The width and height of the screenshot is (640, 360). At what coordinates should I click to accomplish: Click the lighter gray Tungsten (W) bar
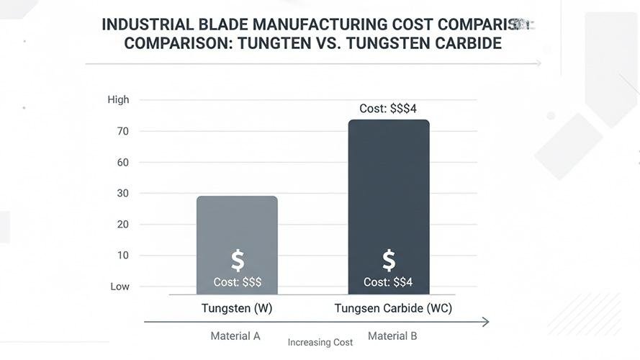(x=237, y=223)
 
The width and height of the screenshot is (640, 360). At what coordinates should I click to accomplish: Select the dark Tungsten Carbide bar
(x=389, y=187)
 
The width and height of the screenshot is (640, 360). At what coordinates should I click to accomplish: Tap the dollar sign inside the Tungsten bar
(x=238, y=261)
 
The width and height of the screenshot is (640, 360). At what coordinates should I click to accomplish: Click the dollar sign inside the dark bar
(x=389, y=261)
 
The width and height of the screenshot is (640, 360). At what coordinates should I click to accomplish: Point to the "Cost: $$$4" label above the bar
(x=388, y=109)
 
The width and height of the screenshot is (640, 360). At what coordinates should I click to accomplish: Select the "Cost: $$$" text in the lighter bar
(x=238, y=282)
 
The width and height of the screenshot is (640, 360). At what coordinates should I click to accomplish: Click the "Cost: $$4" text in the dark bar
(x=388, y=282)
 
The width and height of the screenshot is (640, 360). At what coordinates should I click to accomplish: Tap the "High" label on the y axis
(x=118, y=99)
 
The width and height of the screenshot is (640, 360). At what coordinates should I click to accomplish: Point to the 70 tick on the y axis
(x=123, y=131)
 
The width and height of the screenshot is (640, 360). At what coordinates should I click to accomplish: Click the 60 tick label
(x=123, y=162)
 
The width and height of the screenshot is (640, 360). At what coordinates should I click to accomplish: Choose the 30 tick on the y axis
(x=123, y=193)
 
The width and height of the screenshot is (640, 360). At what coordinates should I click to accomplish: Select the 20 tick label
(x=123, y=224)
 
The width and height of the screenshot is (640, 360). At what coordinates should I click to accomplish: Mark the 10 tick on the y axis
(x=123, y=255)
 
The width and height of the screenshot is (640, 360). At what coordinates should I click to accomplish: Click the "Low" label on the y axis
(x=120, y=287)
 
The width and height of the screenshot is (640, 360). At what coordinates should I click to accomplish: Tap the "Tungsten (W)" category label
(x=237, y=309)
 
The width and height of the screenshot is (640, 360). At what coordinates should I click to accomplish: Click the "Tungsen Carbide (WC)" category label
(x=393, y=309)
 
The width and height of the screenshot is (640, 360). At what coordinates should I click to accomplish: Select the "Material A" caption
(x=235, y=336)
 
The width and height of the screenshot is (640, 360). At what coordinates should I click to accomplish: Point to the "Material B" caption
(x=392, y=336)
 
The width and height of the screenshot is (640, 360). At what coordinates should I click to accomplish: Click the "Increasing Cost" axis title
(x=320, y=343)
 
